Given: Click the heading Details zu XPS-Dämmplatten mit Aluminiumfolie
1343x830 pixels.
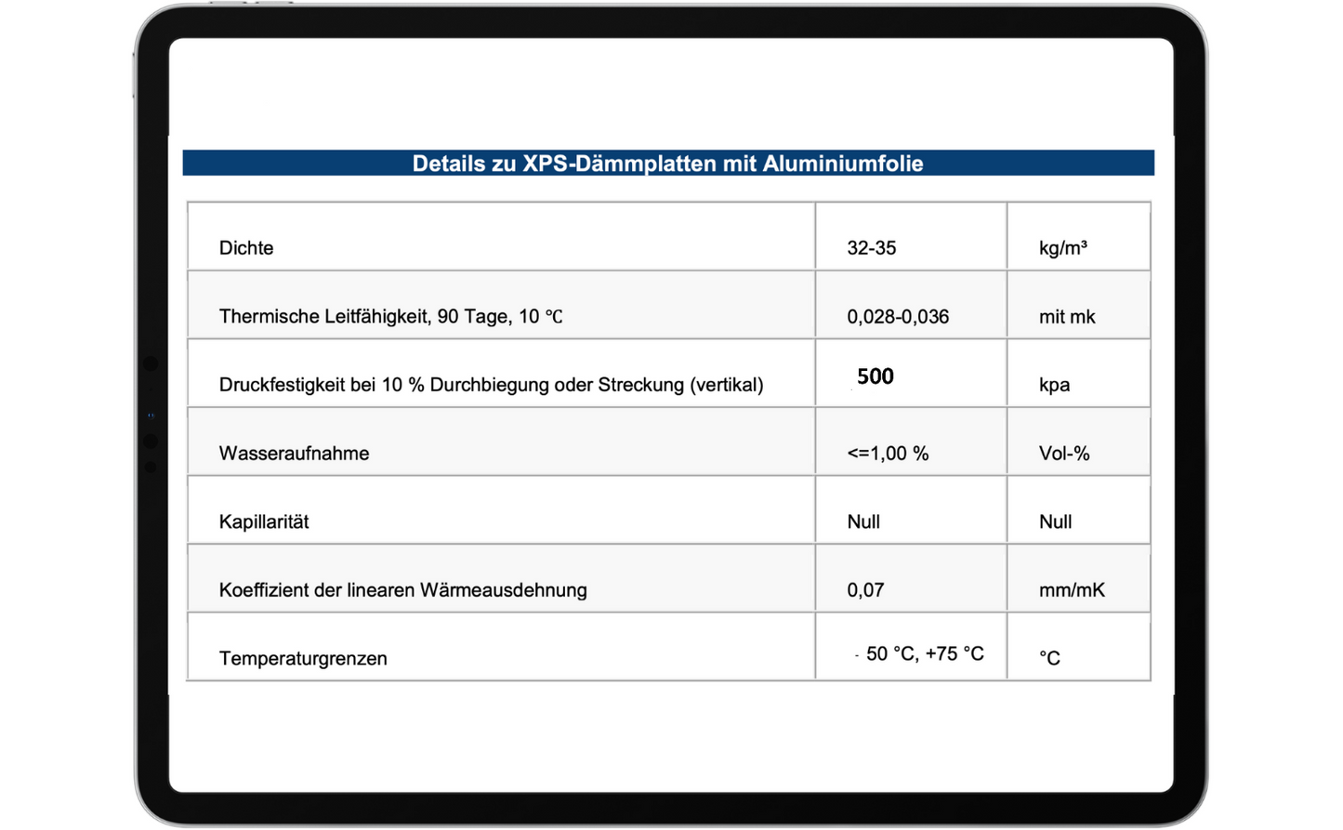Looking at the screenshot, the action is (x=667, y=164).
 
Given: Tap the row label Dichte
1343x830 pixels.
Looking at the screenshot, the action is (x=246, y=248).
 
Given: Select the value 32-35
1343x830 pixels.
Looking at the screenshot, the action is (x=871, y=248).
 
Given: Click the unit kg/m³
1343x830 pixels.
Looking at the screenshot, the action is (x=1062, y=248).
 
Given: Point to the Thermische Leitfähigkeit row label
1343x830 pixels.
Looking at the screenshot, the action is (x=390, y=317).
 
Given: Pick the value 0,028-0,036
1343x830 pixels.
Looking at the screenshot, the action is (x=898, y=317).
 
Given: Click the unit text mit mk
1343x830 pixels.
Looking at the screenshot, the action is (x=1067, y=317).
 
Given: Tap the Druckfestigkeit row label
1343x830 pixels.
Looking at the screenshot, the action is (x=491, y=385).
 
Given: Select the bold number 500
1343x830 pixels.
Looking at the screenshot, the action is (x=875, y=376).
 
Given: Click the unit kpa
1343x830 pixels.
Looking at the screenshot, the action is (x=1054, y=385).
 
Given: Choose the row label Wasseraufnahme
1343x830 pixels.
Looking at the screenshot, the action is (x=294, y=454).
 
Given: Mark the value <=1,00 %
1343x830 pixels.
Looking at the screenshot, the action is (x=888, y=454).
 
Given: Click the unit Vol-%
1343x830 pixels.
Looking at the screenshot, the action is (x=1064, y=454).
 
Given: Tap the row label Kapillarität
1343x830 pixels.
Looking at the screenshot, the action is (x=264, y=521).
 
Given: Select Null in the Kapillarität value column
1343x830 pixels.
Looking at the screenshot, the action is (x=863, y=521).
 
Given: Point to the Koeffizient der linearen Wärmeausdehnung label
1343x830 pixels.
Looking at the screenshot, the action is (x=402, y=590).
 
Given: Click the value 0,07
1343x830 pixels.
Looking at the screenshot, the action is (x=865, y=590).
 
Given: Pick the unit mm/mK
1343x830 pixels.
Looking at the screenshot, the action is (x=1072, y=590).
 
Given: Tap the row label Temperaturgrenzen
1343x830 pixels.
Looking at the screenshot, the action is (x=303, y=658).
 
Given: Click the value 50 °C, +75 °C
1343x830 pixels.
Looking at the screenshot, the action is (x=924, y=654).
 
